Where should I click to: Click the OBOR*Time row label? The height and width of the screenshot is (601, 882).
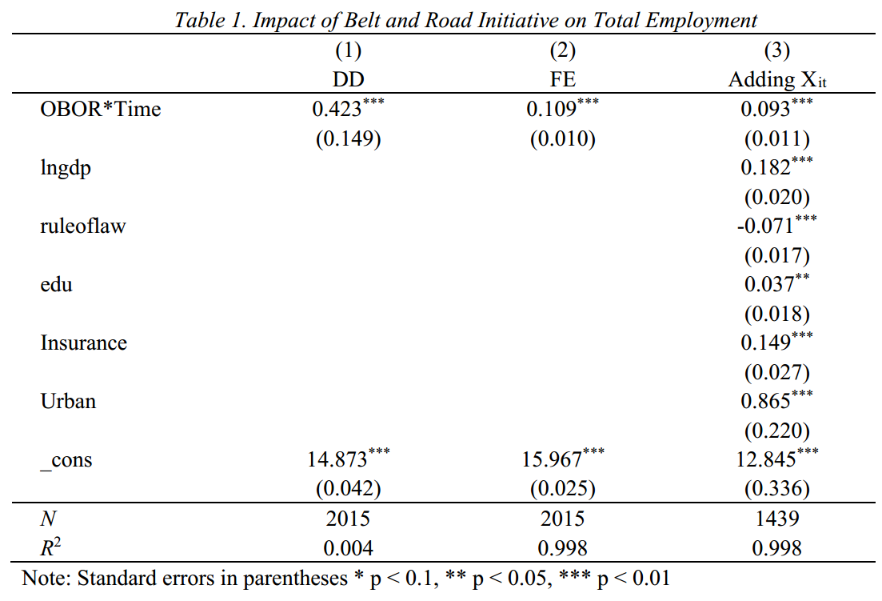point(101,110)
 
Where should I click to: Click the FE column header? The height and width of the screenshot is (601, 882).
point(562,80)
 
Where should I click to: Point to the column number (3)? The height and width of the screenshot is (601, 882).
point(776,51)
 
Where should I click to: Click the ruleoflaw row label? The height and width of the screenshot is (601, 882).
point(83,226)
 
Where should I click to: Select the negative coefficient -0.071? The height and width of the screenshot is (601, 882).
point(765,226)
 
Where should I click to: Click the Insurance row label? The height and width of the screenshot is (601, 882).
point(84,343)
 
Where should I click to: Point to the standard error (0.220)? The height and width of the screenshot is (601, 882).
point(776,431)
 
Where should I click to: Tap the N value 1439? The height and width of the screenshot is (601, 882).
point(776,519)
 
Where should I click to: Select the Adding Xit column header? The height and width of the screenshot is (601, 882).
point(776,80)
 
